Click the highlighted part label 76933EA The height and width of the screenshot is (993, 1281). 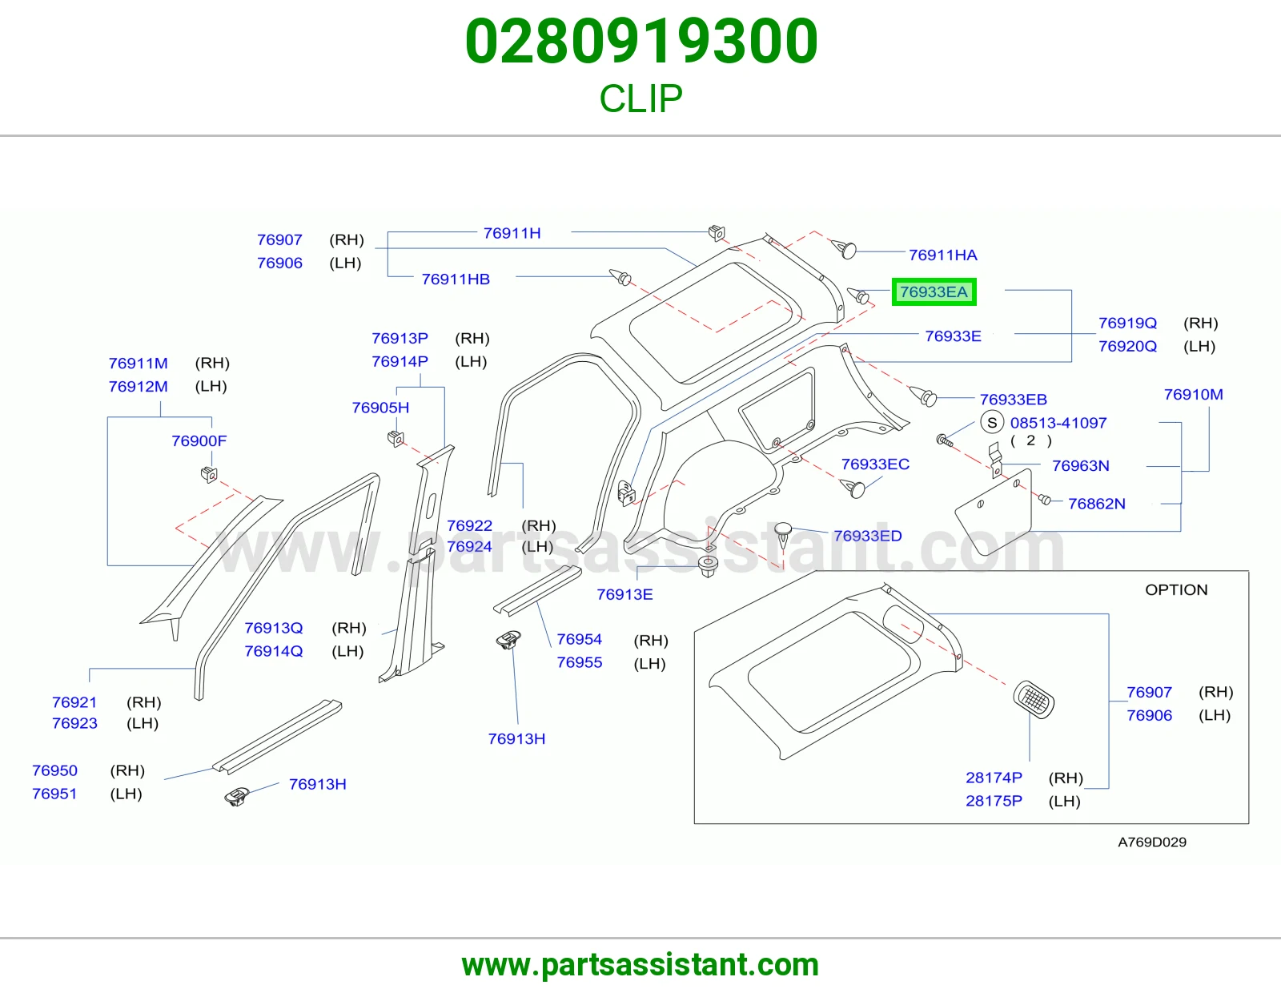tap(934, 291)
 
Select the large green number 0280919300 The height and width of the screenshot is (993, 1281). tap(641, 41)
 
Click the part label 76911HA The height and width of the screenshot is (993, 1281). tap(942, 255)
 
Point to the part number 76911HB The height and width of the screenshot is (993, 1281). tap(456, 279)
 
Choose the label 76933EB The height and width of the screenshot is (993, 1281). tap(1014, 400)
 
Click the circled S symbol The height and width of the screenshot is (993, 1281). tap(992, 422)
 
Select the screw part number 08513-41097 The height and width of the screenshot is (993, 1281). tap(1058, 423)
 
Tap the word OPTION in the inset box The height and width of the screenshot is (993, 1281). tap(1176, 589)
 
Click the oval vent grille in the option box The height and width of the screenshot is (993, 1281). tap(1034, 699)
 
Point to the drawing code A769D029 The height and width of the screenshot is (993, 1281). tap(1152, 842)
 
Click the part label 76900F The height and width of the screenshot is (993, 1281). tap(199, 440)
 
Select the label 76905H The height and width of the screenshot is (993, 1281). tap(380, 408)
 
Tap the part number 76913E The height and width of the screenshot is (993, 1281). tap(624, 594)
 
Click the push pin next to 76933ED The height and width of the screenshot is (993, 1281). tap(783, 534)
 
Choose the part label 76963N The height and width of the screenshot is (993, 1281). tap(1081, 466)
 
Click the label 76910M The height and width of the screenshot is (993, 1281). tap(1193, 395)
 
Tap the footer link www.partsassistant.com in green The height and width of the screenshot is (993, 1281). tap(640, 965)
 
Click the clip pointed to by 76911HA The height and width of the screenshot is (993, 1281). tap(844, 248)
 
